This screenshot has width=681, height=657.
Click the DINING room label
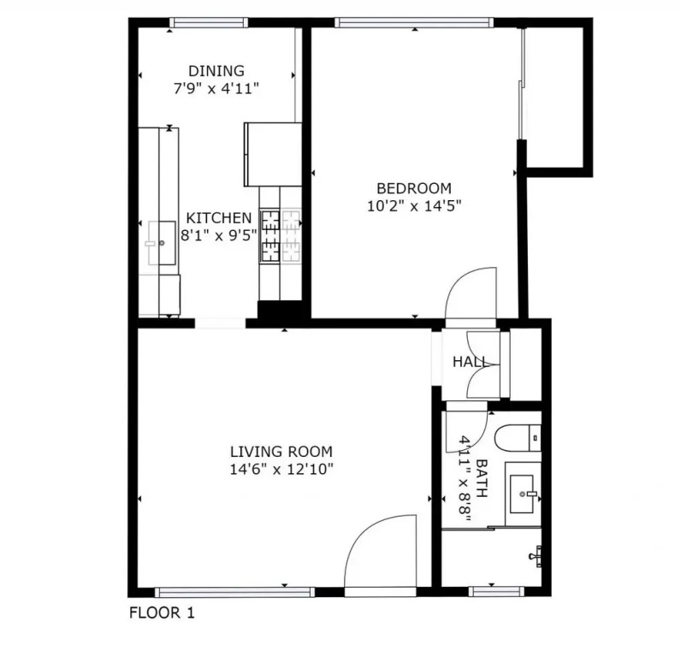coord(216,71)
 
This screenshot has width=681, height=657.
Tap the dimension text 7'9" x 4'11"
coord(216,89)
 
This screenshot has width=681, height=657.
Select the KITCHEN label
coord(219,217)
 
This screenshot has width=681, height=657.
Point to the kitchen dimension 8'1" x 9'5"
coord(219,235)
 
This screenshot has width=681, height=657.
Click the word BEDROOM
coord(414,188)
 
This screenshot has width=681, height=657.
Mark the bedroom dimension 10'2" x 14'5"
coord(414,206)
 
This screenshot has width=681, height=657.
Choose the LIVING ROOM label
coord(281,452)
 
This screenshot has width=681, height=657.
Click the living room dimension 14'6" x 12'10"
coord(281,470)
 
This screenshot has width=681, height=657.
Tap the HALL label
coord(470,361)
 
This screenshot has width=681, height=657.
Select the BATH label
coord(482,478)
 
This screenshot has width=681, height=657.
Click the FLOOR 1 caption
coord(162,613)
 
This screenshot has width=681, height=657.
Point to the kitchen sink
coord(162,243)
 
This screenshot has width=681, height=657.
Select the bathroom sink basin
coord(522,494)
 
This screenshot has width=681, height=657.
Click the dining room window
coord(209,22)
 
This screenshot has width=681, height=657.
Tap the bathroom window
coord(496,591)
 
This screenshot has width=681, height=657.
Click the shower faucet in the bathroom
coord(536,556)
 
